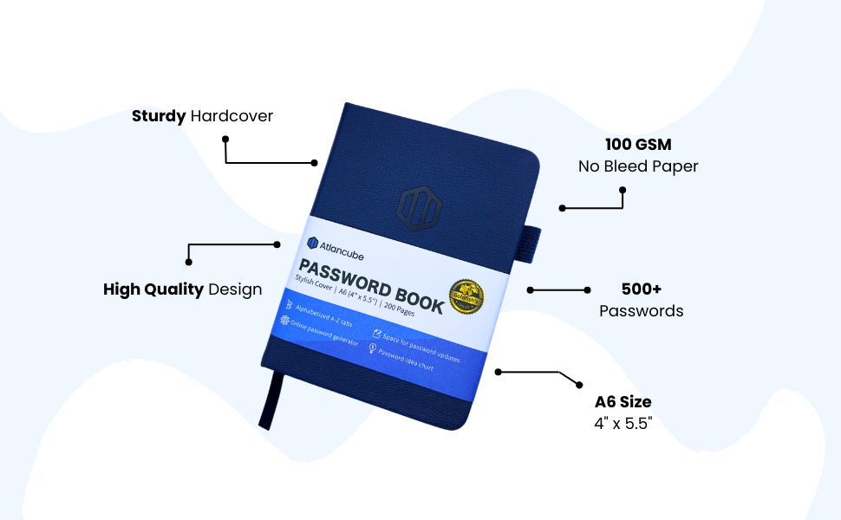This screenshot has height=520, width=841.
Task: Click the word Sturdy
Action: click(159, 116)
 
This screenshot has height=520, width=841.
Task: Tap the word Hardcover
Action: click(231, 116)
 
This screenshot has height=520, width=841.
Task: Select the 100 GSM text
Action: click(638, 145)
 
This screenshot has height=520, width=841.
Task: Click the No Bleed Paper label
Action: click(638, 166)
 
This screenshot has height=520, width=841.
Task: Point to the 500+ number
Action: click(642, 289)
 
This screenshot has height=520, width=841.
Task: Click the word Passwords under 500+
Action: click(642, 311)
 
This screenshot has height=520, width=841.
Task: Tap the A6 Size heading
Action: click(623, 402)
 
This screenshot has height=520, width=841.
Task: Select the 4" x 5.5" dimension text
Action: click(623, 425)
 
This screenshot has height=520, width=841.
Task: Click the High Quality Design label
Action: click(182, 289)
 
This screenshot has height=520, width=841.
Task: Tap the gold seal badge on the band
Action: click(466, 297)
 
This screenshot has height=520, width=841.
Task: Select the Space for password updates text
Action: click(420, 345)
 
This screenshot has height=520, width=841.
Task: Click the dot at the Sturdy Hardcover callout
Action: click(225, 139)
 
